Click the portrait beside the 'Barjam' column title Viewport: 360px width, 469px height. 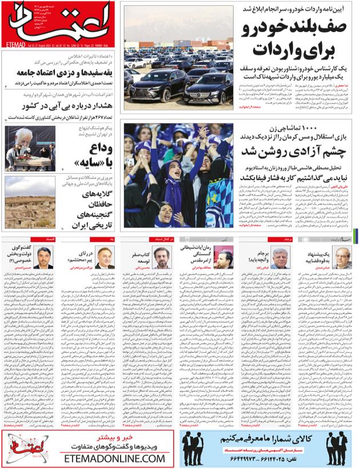281,258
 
